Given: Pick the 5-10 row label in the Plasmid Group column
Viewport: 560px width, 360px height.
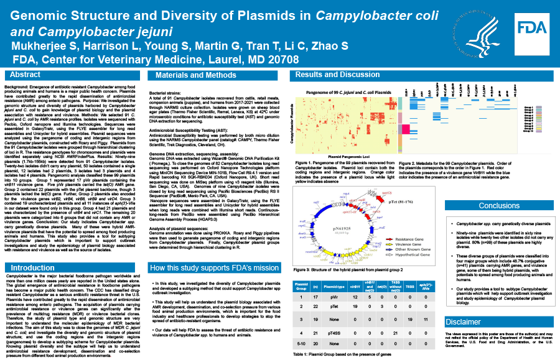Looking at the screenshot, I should point(299,344).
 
